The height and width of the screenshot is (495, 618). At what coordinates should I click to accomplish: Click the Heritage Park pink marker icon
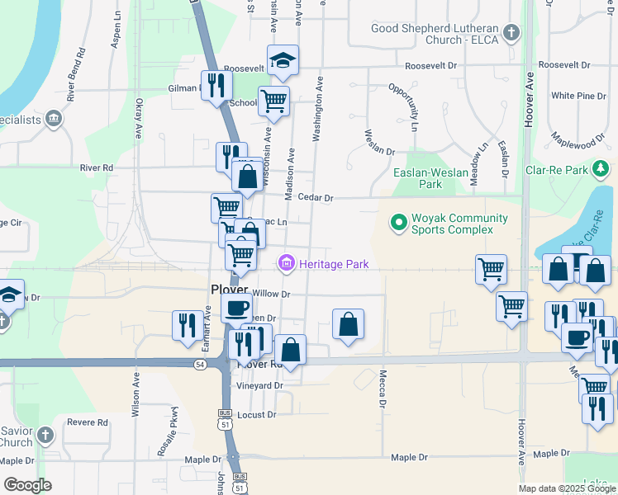click(287, 264)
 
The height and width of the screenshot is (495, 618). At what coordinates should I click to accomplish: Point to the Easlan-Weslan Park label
click(430, 179)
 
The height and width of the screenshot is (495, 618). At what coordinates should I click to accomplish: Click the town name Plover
click(229, 290)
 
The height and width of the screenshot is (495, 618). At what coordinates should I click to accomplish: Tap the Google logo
click(27, 485)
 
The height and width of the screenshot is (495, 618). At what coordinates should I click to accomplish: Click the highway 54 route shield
click(200, 363)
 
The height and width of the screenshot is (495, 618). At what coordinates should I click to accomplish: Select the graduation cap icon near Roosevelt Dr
click(283, 59)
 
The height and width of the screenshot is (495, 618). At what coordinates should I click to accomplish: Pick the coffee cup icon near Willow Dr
click(237, 309)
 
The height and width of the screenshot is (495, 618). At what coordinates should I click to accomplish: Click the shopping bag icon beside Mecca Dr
click(349, 324)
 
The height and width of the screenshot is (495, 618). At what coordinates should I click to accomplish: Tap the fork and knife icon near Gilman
click(216, 85)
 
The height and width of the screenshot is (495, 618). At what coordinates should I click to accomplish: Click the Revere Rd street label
click(89, 422)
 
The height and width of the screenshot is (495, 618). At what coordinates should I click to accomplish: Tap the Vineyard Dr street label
click(260, 385)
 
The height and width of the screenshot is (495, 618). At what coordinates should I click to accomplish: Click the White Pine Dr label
click(578, 97)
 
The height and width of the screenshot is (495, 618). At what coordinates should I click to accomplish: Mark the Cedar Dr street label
click(316, 198)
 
